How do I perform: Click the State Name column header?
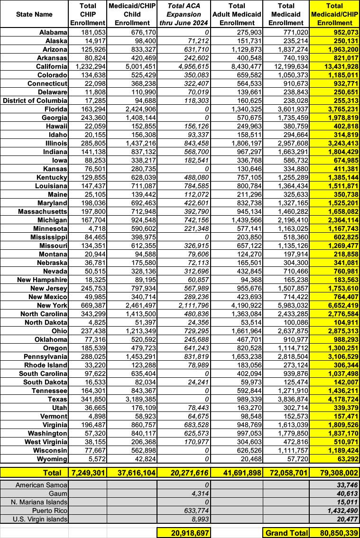[34, 14]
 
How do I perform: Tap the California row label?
[51, 66]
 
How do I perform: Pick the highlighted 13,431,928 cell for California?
[334, 66]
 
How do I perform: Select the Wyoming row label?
[52, 458]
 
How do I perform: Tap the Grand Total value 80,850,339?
[334, 533]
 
